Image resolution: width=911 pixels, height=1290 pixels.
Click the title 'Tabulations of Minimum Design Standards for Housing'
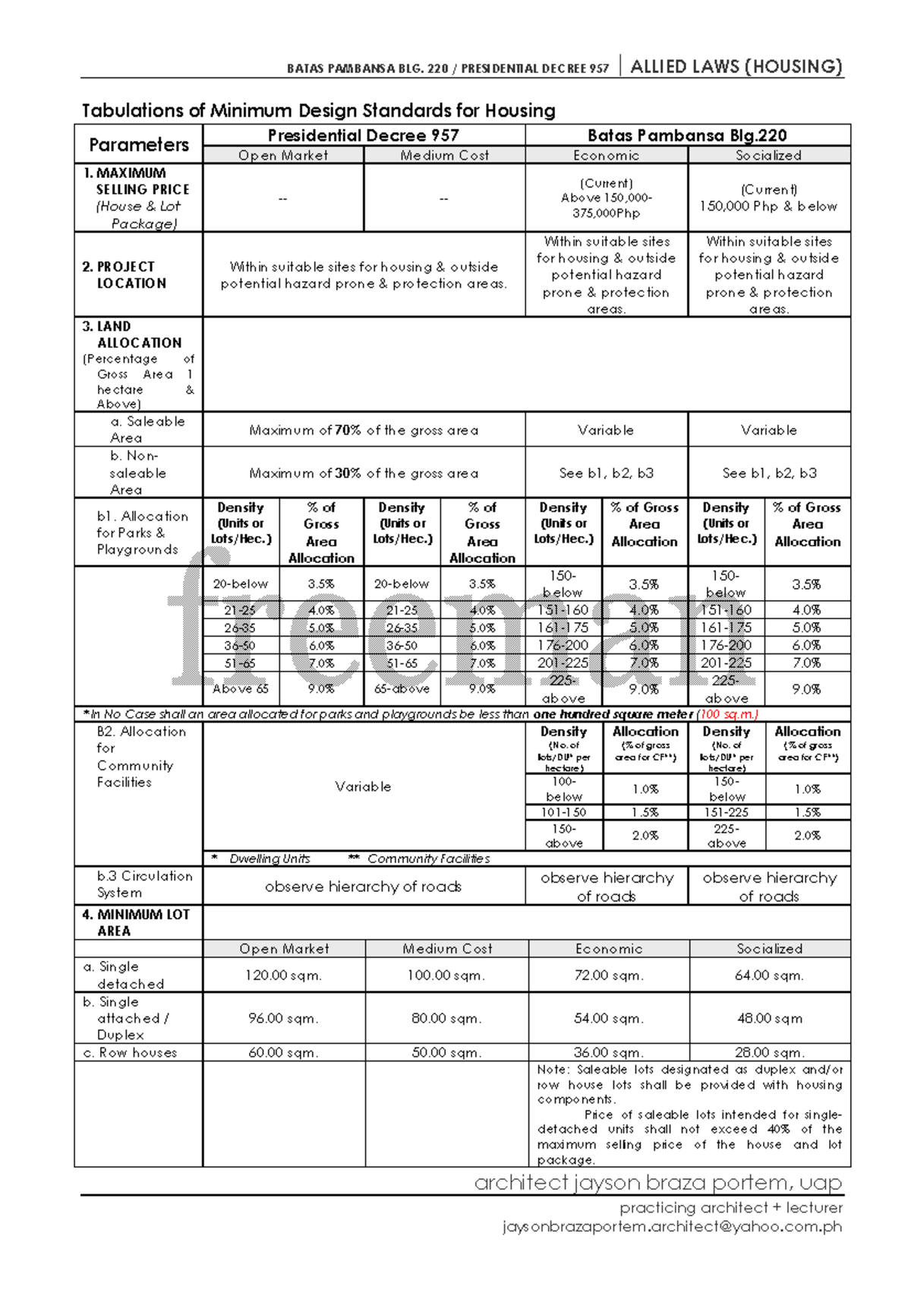(x=318, y=111)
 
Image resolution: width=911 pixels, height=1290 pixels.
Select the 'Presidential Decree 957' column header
(x=363, y=135)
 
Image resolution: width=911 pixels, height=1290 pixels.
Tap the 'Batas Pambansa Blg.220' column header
(x=687, y=135)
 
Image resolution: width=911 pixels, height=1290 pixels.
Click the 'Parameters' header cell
(x=138, y=144)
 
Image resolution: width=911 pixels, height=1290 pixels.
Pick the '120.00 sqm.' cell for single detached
(x=283, y=975)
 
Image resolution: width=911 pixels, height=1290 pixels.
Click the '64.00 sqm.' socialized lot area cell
(x=769, y=975)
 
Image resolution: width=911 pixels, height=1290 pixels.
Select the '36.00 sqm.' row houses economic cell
(x=608, y=1053)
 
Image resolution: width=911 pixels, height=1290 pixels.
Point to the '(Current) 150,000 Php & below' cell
(x=768, y=198)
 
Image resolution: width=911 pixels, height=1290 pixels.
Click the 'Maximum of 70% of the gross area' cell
(x=364, y=430)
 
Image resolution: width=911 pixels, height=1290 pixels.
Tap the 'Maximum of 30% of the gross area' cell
(x=364, y=473)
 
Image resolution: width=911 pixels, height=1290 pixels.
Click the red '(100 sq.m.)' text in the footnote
(x=727, y=714)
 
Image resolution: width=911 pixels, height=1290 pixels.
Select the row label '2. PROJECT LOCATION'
(x=125, y=275)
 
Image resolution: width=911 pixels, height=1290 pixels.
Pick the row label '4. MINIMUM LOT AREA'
(x=136, y=922)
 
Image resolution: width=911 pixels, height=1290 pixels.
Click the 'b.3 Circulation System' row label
(x=143, y=884)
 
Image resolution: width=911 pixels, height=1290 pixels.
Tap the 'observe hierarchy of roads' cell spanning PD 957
(x=363, y=887)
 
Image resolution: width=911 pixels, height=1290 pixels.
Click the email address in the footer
(x=672, y=1226)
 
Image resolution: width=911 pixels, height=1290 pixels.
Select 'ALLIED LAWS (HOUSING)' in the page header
(x=736, y=67)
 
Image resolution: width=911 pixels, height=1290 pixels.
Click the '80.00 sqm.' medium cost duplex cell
(x=446, y=1018)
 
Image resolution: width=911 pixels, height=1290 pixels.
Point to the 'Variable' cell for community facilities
(x=363, y=787)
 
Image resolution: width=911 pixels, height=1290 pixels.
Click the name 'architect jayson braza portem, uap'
(x=657, y=1183)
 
